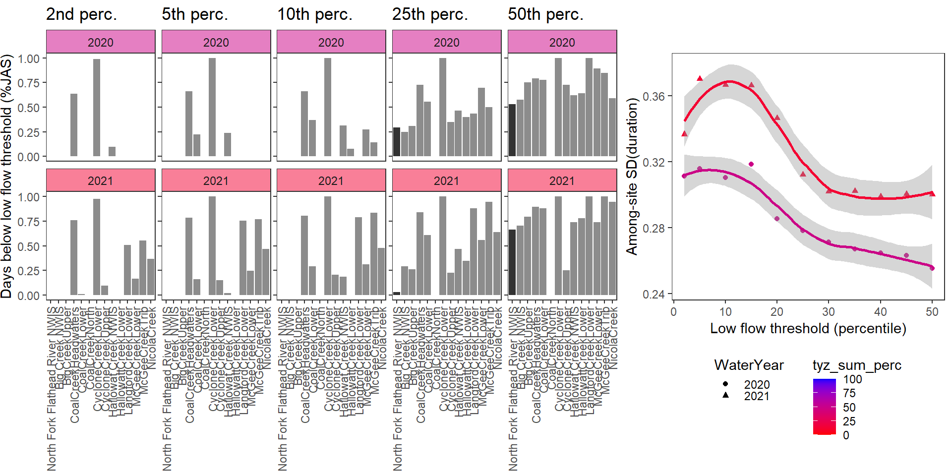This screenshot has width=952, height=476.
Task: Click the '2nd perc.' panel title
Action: [x=81, y=14]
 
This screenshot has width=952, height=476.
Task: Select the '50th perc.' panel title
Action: [x=545, y=14]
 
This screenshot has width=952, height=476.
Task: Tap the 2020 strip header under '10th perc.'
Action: [x=331, y=42]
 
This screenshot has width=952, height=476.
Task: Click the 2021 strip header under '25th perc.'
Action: [x=446, y=180]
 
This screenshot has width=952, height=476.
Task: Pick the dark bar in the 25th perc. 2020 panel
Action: [x=397, y=142]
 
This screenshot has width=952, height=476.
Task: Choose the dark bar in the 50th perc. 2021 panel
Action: [x=512, y=263]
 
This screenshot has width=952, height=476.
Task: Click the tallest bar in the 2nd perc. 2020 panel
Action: [x=97, y=108]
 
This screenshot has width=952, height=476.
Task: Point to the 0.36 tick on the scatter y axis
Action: [x=654, y=96]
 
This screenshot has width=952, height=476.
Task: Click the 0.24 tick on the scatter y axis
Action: [x=654, y=295]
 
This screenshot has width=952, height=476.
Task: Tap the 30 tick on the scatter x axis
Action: [x=829, y=312]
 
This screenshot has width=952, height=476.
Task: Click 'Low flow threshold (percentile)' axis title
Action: [x=808, y=329]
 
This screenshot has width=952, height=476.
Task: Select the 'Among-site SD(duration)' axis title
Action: [x=632, y=177]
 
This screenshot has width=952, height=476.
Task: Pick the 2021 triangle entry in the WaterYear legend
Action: [x=725, y=396]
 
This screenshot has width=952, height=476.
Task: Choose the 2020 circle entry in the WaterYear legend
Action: [x=725, y=384]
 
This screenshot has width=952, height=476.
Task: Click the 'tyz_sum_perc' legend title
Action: [x=857, y=365]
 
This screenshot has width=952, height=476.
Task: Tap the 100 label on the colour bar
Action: [x=852, y=379]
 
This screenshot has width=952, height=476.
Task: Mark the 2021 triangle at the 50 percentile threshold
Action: [x=932, y=194]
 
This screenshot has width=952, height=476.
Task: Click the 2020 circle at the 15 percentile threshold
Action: [x=751, y=164]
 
